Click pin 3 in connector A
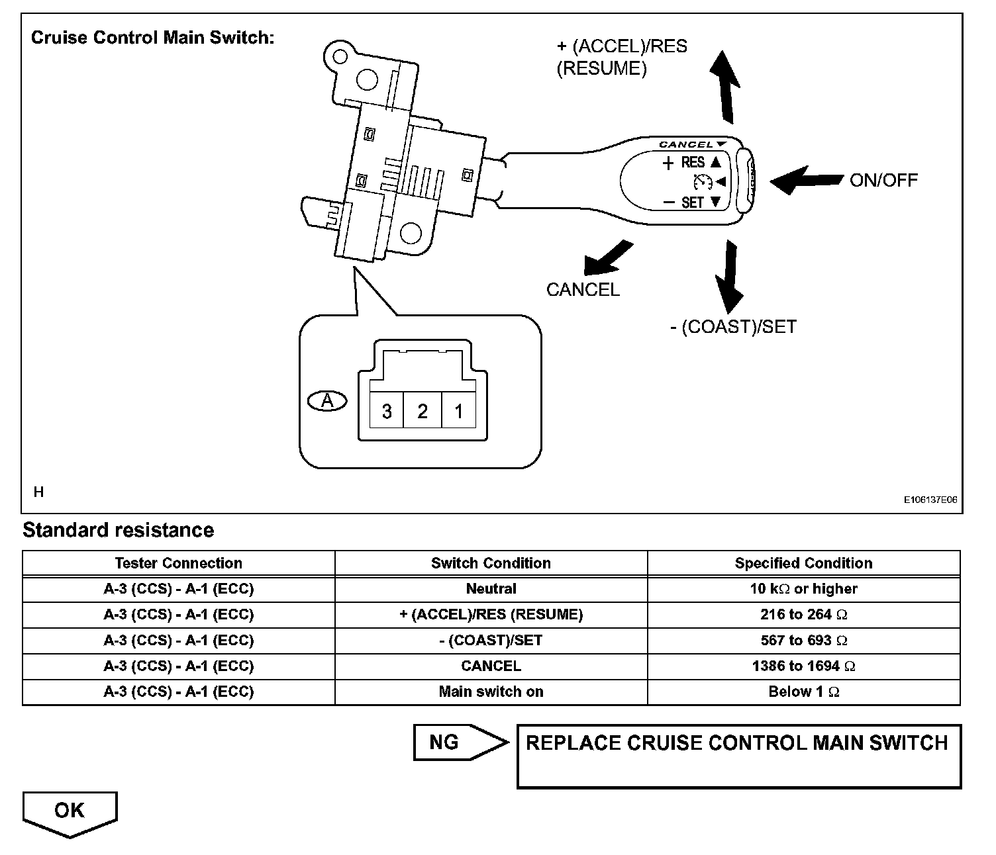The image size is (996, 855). pos(387,412)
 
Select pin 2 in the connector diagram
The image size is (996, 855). pos(423,412)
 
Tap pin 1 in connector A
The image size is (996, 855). pos(458,412)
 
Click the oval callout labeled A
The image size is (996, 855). pos(327,400)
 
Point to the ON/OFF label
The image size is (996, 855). pos(883,180)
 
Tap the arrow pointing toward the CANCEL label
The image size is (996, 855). pos(607,258)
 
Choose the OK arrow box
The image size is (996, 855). pos(70,812)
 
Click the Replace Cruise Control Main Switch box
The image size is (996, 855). pos(738,756)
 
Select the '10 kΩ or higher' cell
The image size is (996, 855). pos(803,589)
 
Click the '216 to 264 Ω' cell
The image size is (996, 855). pos(803,614)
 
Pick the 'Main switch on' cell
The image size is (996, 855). pos(491,692)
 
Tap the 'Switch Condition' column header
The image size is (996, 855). pos(491,563)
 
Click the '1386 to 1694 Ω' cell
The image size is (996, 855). pos(803,666)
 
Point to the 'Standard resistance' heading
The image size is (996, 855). pos(119,530)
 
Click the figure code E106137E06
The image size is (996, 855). pos(930,500)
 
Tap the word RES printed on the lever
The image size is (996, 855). pos(693,162)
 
